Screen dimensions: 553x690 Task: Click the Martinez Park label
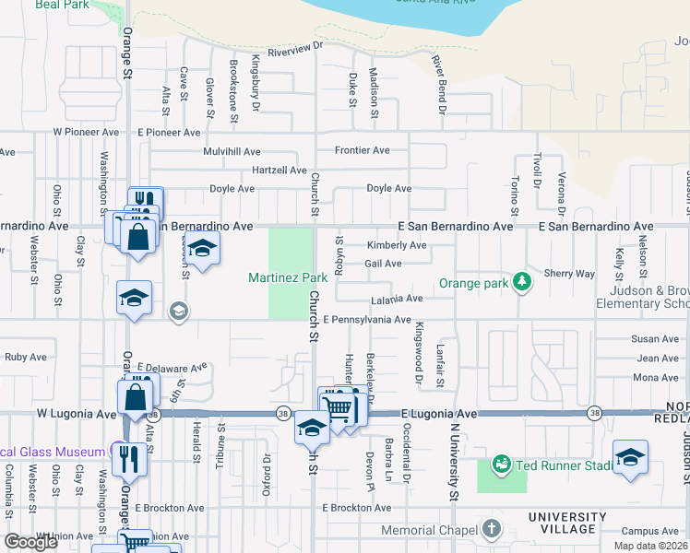click(288, 277)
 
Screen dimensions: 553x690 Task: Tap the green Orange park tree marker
click(523, 281)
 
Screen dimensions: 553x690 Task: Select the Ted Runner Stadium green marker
click(501, 464)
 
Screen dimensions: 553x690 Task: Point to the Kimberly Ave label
click(397, 246)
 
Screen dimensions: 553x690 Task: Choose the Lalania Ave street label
click(397, 299)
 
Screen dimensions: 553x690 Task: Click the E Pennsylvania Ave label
click(367, 320)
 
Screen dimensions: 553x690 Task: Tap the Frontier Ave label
click(362, 150)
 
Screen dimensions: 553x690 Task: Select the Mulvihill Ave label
click(232, 151)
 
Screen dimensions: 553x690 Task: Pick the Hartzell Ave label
click(279, 171)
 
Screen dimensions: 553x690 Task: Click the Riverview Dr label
click(296, 54)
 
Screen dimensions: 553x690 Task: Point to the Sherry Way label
click(569, 274)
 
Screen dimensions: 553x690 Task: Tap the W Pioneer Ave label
click(87, 132)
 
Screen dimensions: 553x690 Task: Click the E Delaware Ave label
click(172, 367)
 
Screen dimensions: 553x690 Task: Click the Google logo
click(30, 542)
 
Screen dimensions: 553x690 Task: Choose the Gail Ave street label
click(383, 264)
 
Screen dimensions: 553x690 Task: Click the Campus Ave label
click(649, 532)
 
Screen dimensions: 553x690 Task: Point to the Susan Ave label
click(656, 340)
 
